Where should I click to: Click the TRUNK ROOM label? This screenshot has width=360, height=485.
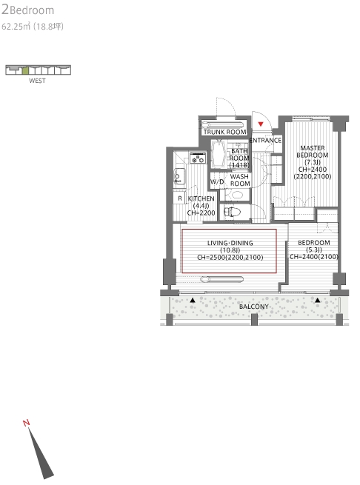(225, 132)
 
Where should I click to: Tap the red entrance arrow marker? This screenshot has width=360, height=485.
(261, 124)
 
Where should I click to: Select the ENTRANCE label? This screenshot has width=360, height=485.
(265, 140)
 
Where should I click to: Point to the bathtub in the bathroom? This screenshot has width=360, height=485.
(220, 155)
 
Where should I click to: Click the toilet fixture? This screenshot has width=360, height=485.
(232, 213)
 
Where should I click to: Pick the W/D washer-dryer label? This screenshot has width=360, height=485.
(217, 181)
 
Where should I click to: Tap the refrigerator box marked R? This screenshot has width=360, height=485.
(179, 198)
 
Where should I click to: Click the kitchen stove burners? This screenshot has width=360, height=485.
(198, 158)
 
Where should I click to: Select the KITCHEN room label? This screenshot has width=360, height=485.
(201, 198)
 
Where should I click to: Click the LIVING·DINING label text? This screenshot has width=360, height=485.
(230, 243)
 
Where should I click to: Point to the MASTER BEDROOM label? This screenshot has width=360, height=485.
(313, 152)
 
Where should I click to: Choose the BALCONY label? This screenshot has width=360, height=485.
(254, 307)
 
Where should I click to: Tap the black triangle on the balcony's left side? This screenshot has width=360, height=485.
(193, 300)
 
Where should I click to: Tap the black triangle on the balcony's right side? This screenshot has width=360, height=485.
(318, 300)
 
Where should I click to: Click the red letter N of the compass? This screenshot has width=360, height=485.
(27, 423)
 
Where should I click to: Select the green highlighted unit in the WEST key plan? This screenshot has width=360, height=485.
(25, 70)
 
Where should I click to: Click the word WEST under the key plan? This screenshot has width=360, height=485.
(37, 81)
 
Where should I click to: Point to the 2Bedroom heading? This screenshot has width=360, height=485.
(28, 10)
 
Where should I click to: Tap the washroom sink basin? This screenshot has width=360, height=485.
(238, 195)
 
